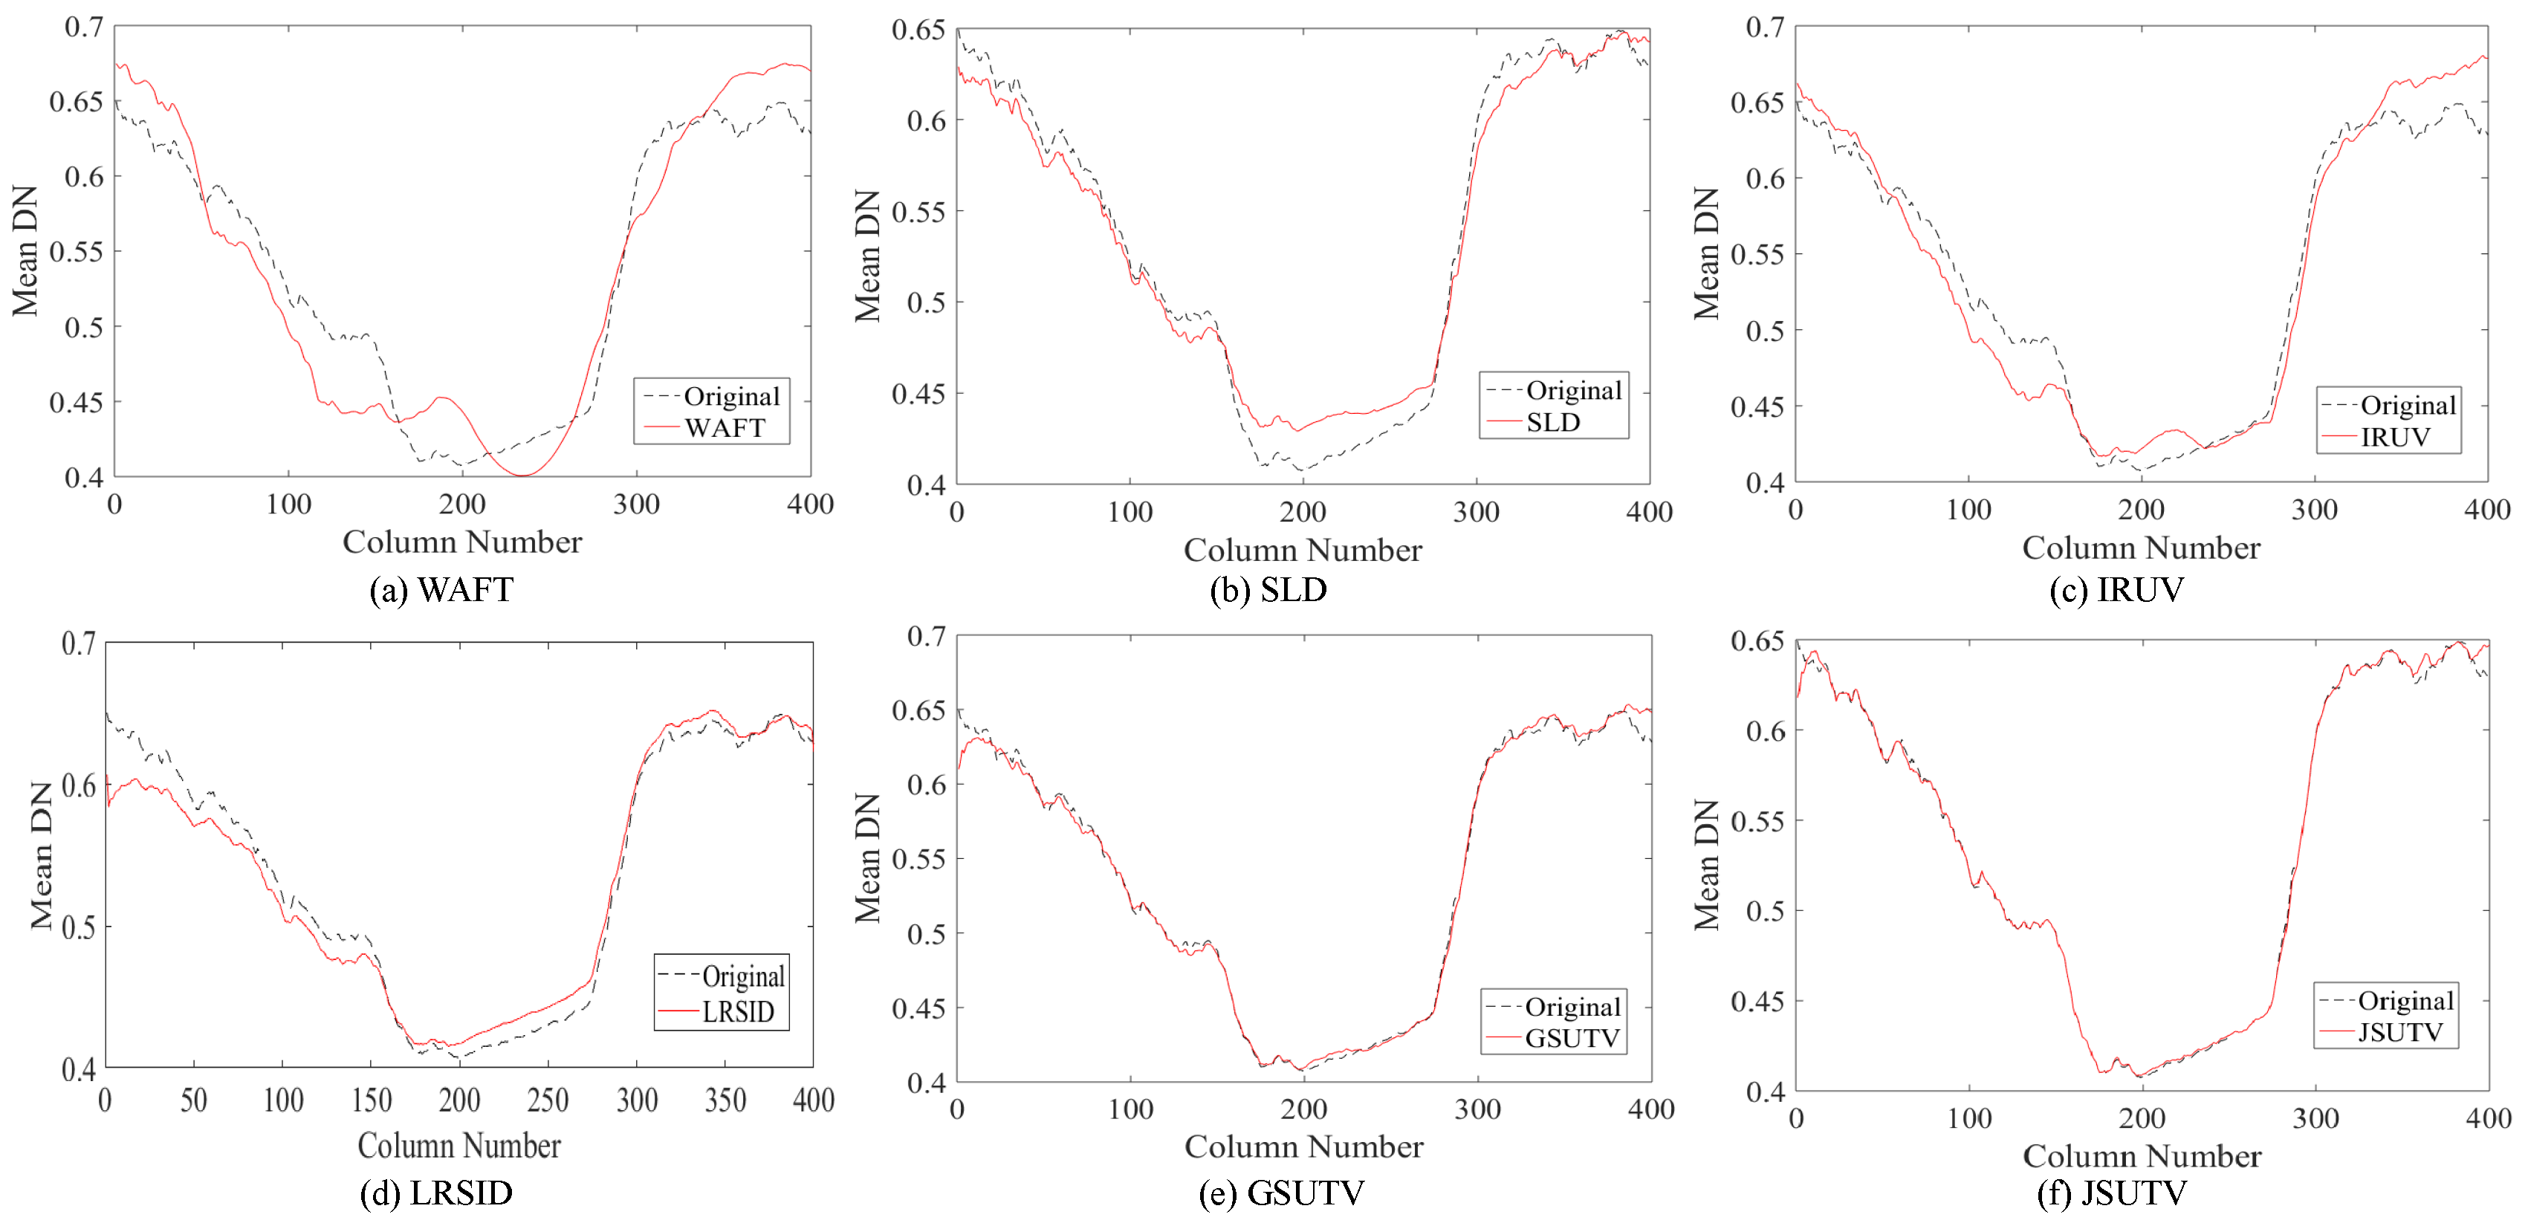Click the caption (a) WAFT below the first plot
(x=441, y=590)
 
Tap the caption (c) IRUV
(x=2117, y=590)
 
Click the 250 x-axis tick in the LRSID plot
(x=548, y=1100)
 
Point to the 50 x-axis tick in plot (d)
(x=193, y=1100)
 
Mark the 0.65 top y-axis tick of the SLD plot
(x=918, y=30)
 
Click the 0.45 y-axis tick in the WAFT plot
(x=76, y=403)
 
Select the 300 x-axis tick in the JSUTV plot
(x=2315, y=1118)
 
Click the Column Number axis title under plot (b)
(x=1303, y=551)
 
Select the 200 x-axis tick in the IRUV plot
(x=2142, y=510)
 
